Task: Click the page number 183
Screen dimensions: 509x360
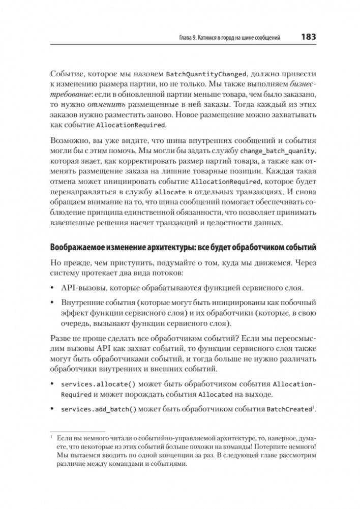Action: pyautogui.click(x=309, y=37)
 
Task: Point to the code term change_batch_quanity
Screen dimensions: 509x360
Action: pyautogui.click(x=278, y=152)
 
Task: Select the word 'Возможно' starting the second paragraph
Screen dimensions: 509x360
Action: pyautogui.click(x=68, y=140)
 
